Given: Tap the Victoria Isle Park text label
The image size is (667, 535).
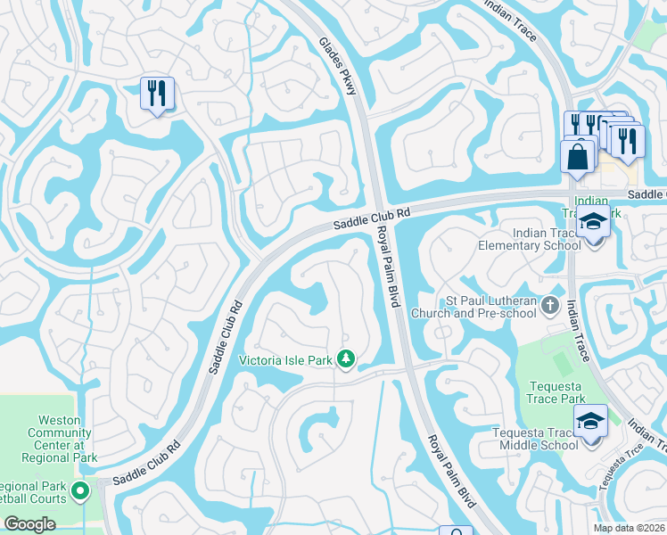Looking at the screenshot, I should point(286,360).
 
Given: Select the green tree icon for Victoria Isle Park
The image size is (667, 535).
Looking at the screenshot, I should point(346,360).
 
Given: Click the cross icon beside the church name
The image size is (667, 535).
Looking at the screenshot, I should point(550,307).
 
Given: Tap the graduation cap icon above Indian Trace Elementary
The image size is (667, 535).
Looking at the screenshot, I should point(592,222).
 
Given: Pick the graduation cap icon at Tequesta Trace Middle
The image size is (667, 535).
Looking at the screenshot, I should point(590,420).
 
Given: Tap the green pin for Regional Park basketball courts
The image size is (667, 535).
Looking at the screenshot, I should point(80,490).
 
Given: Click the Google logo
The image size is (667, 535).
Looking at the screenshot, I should point(29,524).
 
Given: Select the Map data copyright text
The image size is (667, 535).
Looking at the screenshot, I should point(629,528).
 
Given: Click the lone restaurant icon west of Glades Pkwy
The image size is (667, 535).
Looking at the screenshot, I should point(157,95).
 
